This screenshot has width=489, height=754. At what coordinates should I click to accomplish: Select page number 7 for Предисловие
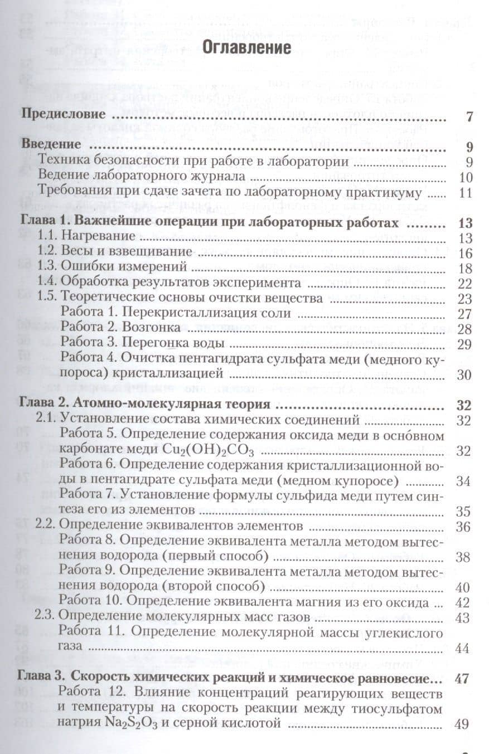(x=469, y=117)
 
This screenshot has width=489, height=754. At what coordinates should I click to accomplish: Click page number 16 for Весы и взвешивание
(x=466, y=254)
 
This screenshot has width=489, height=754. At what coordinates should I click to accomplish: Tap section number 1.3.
(x=47, y=267)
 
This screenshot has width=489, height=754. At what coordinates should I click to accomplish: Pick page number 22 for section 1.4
(x=465, y=283)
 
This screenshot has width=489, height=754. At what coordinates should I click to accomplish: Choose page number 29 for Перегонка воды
(x=465, y=344)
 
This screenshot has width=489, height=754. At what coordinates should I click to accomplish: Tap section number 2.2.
(x=46, y=526)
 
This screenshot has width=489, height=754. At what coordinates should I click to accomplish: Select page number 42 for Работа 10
(x=463, y=602)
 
